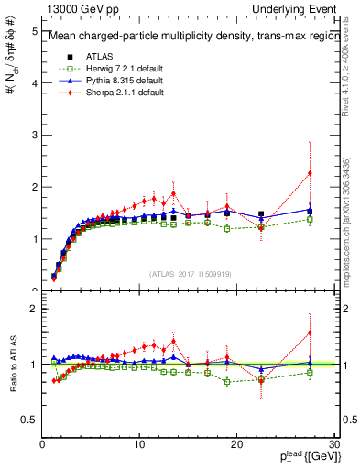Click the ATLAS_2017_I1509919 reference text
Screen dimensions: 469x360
tap(189, 273)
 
